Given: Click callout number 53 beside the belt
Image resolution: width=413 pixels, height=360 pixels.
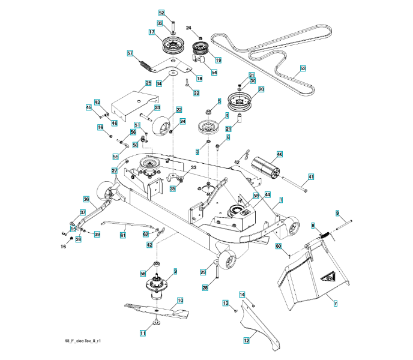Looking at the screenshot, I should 303,69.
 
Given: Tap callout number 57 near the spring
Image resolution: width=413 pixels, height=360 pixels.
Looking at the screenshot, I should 130,53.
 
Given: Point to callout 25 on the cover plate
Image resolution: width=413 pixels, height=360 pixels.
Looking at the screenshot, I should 148,82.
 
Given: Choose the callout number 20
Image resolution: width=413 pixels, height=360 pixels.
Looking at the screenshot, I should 261,89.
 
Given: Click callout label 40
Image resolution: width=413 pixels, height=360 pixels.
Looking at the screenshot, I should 279,154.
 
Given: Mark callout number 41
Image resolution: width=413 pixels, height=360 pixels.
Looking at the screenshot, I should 311,176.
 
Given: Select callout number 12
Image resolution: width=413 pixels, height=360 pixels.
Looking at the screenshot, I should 246,340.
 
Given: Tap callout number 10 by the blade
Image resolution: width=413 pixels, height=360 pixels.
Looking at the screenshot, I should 180,299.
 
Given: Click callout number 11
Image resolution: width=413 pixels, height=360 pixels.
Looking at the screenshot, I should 143,332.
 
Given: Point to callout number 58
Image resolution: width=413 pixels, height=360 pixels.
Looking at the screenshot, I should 143,273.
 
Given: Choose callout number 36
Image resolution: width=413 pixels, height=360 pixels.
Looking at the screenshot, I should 86,199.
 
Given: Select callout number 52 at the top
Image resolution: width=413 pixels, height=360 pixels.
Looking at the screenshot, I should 161,13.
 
